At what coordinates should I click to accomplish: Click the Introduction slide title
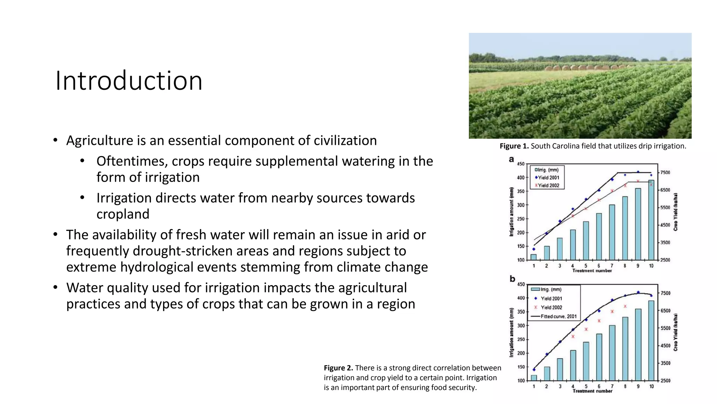pos(129,81)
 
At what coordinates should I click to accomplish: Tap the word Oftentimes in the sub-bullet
pos(131,161)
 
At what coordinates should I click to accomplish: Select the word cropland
pos(123,214)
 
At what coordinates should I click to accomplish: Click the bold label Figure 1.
pos(514,146)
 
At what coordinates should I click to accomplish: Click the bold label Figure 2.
pos(338,368)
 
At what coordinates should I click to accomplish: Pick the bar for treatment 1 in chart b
pos(534,378)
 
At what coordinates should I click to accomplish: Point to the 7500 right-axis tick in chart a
pos(665,173)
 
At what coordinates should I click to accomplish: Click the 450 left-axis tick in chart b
pos(521,284)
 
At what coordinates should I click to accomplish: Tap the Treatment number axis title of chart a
pos(592,271)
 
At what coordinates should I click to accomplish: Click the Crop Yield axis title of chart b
pos(676,332)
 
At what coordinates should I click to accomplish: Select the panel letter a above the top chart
pos(511,160)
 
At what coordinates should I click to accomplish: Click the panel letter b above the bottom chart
pos(512,279)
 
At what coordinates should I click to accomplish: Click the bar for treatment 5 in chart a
pos(586,241)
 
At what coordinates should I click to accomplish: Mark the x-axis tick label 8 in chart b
pos(625,386)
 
